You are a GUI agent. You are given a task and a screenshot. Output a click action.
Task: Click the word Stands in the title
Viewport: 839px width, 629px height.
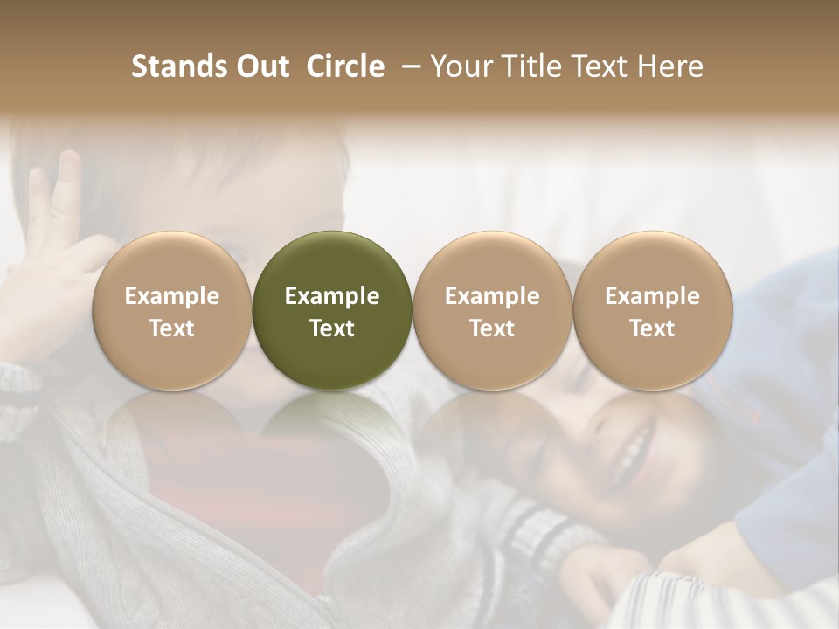(x=178, y=66)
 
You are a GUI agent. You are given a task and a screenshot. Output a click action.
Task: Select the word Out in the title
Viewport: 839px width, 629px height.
(x=261, y=66)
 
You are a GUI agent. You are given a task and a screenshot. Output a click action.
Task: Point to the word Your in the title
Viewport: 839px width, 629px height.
(x=461, y=66)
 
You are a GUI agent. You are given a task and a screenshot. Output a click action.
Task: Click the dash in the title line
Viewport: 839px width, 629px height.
(x=408, y=67)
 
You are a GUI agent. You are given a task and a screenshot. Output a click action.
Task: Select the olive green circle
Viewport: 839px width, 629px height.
(x=332, y=310)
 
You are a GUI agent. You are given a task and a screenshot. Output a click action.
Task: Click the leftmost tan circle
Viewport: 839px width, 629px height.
(x=172, y=310)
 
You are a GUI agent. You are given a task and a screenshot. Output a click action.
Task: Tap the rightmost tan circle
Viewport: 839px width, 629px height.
(x=653, y=310)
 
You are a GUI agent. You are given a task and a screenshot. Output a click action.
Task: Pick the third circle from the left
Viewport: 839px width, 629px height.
(x=492, y=310)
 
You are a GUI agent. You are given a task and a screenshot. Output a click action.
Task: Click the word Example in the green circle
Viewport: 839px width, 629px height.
(x=332, y=296)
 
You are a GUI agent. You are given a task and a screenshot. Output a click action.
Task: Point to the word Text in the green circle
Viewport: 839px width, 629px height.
(x=332, y=328)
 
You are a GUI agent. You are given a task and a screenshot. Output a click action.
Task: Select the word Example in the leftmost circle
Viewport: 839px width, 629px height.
(x=172, y=296)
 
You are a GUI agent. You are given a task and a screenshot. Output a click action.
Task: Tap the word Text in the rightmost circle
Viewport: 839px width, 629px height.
(x=653, y=328)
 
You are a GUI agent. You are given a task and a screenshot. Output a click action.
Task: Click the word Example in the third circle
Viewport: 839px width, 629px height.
(x=492, y=296)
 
